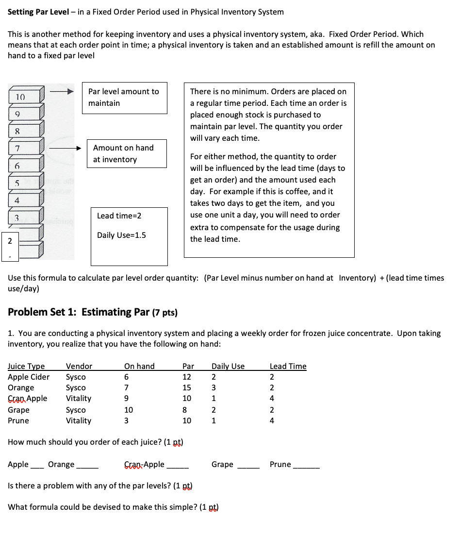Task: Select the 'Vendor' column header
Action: (79, 366)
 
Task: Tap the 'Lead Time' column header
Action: (288, 366)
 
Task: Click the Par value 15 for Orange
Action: (187, 387)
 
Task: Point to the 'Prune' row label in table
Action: (18, 420)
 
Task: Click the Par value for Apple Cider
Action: (187, 377)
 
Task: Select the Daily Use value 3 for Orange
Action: (213, 387)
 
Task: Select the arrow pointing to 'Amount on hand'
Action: (63, 148)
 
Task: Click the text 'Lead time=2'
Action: (119, 216)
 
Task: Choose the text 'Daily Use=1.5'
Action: (121, 235)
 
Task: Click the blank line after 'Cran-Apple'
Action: (178, 465)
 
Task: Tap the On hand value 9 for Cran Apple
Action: (127, 398)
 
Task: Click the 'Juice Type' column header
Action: (26, 366)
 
